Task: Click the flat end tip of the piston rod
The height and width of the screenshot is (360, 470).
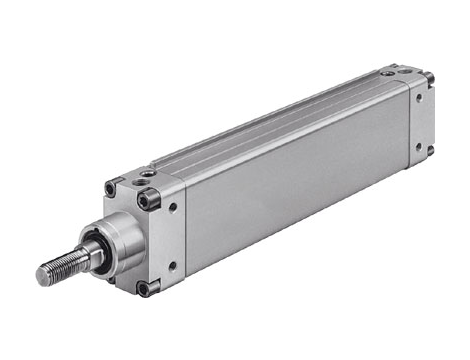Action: [43, 273]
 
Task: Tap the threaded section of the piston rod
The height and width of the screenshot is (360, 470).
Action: [62, 264]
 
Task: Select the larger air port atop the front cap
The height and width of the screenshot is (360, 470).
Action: [149, 175]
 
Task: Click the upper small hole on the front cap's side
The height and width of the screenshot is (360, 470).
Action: [174, 209]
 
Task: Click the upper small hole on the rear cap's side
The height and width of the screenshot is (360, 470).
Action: [418, 96]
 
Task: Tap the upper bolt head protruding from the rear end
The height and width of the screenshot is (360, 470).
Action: [430, 77]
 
